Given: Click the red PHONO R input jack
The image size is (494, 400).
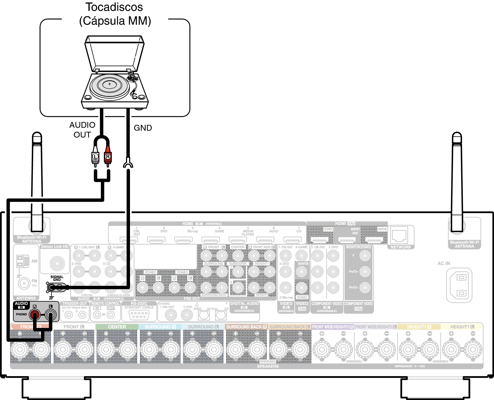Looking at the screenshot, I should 34,315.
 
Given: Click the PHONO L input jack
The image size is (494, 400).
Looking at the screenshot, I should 51,315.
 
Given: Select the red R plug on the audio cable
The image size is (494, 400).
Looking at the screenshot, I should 107,157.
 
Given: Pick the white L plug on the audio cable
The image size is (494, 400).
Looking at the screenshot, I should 95,157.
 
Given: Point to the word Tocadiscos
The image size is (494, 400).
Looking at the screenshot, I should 114,7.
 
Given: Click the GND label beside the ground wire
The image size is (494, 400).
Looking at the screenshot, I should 143,128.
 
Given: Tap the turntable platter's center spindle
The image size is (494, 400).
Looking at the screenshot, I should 110,84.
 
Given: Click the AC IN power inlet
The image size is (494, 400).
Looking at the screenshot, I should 459,285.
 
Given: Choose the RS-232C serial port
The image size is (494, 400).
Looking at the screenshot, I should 139,315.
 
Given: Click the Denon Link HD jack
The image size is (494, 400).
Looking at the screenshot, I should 57,263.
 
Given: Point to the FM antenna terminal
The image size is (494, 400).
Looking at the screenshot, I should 24,283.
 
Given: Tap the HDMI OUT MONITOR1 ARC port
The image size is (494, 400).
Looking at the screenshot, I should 347,240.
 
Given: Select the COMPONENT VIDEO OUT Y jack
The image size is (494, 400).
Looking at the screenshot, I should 365,256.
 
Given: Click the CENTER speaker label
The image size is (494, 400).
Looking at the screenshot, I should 117,327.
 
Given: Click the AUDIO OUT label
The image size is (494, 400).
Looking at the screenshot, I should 82,130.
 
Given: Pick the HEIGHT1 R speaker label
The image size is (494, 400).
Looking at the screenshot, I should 419,327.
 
